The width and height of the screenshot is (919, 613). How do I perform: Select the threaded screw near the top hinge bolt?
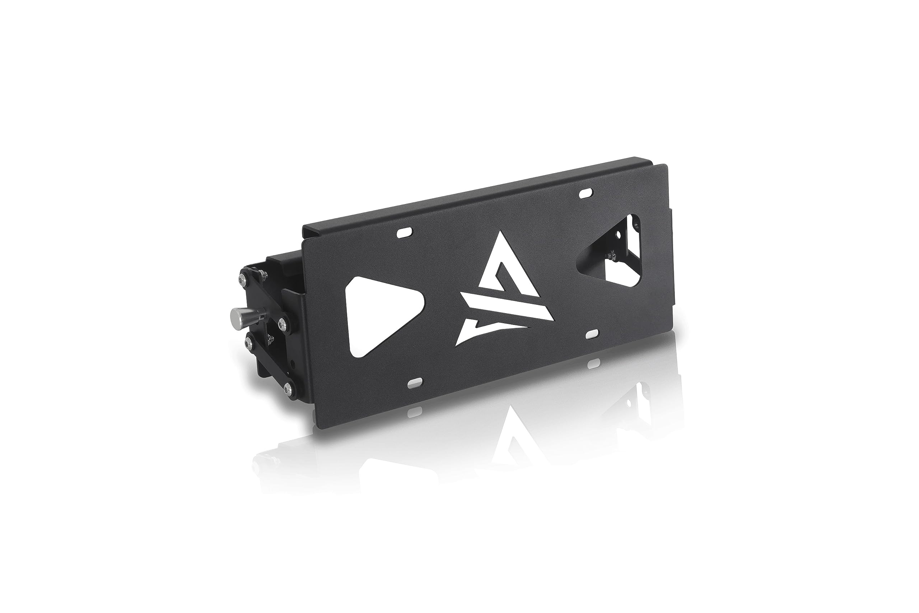(262, 275)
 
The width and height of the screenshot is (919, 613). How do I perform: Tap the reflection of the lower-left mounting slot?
(416, 410)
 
